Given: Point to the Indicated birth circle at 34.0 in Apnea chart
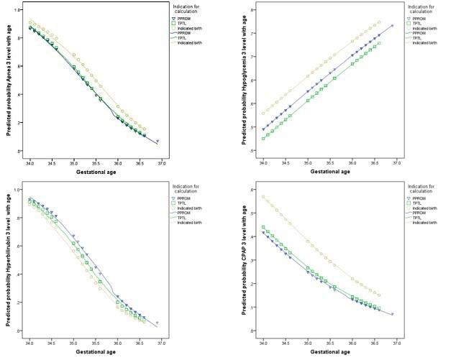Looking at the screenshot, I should [29, 21].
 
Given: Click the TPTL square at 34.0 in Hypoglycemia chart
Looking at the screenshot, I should [264, 138].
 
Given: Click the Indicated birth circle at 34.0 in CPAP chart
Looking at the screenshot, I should [264, 197].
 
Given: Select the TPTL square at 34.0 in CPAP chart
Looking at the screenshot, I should [264, 227].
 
